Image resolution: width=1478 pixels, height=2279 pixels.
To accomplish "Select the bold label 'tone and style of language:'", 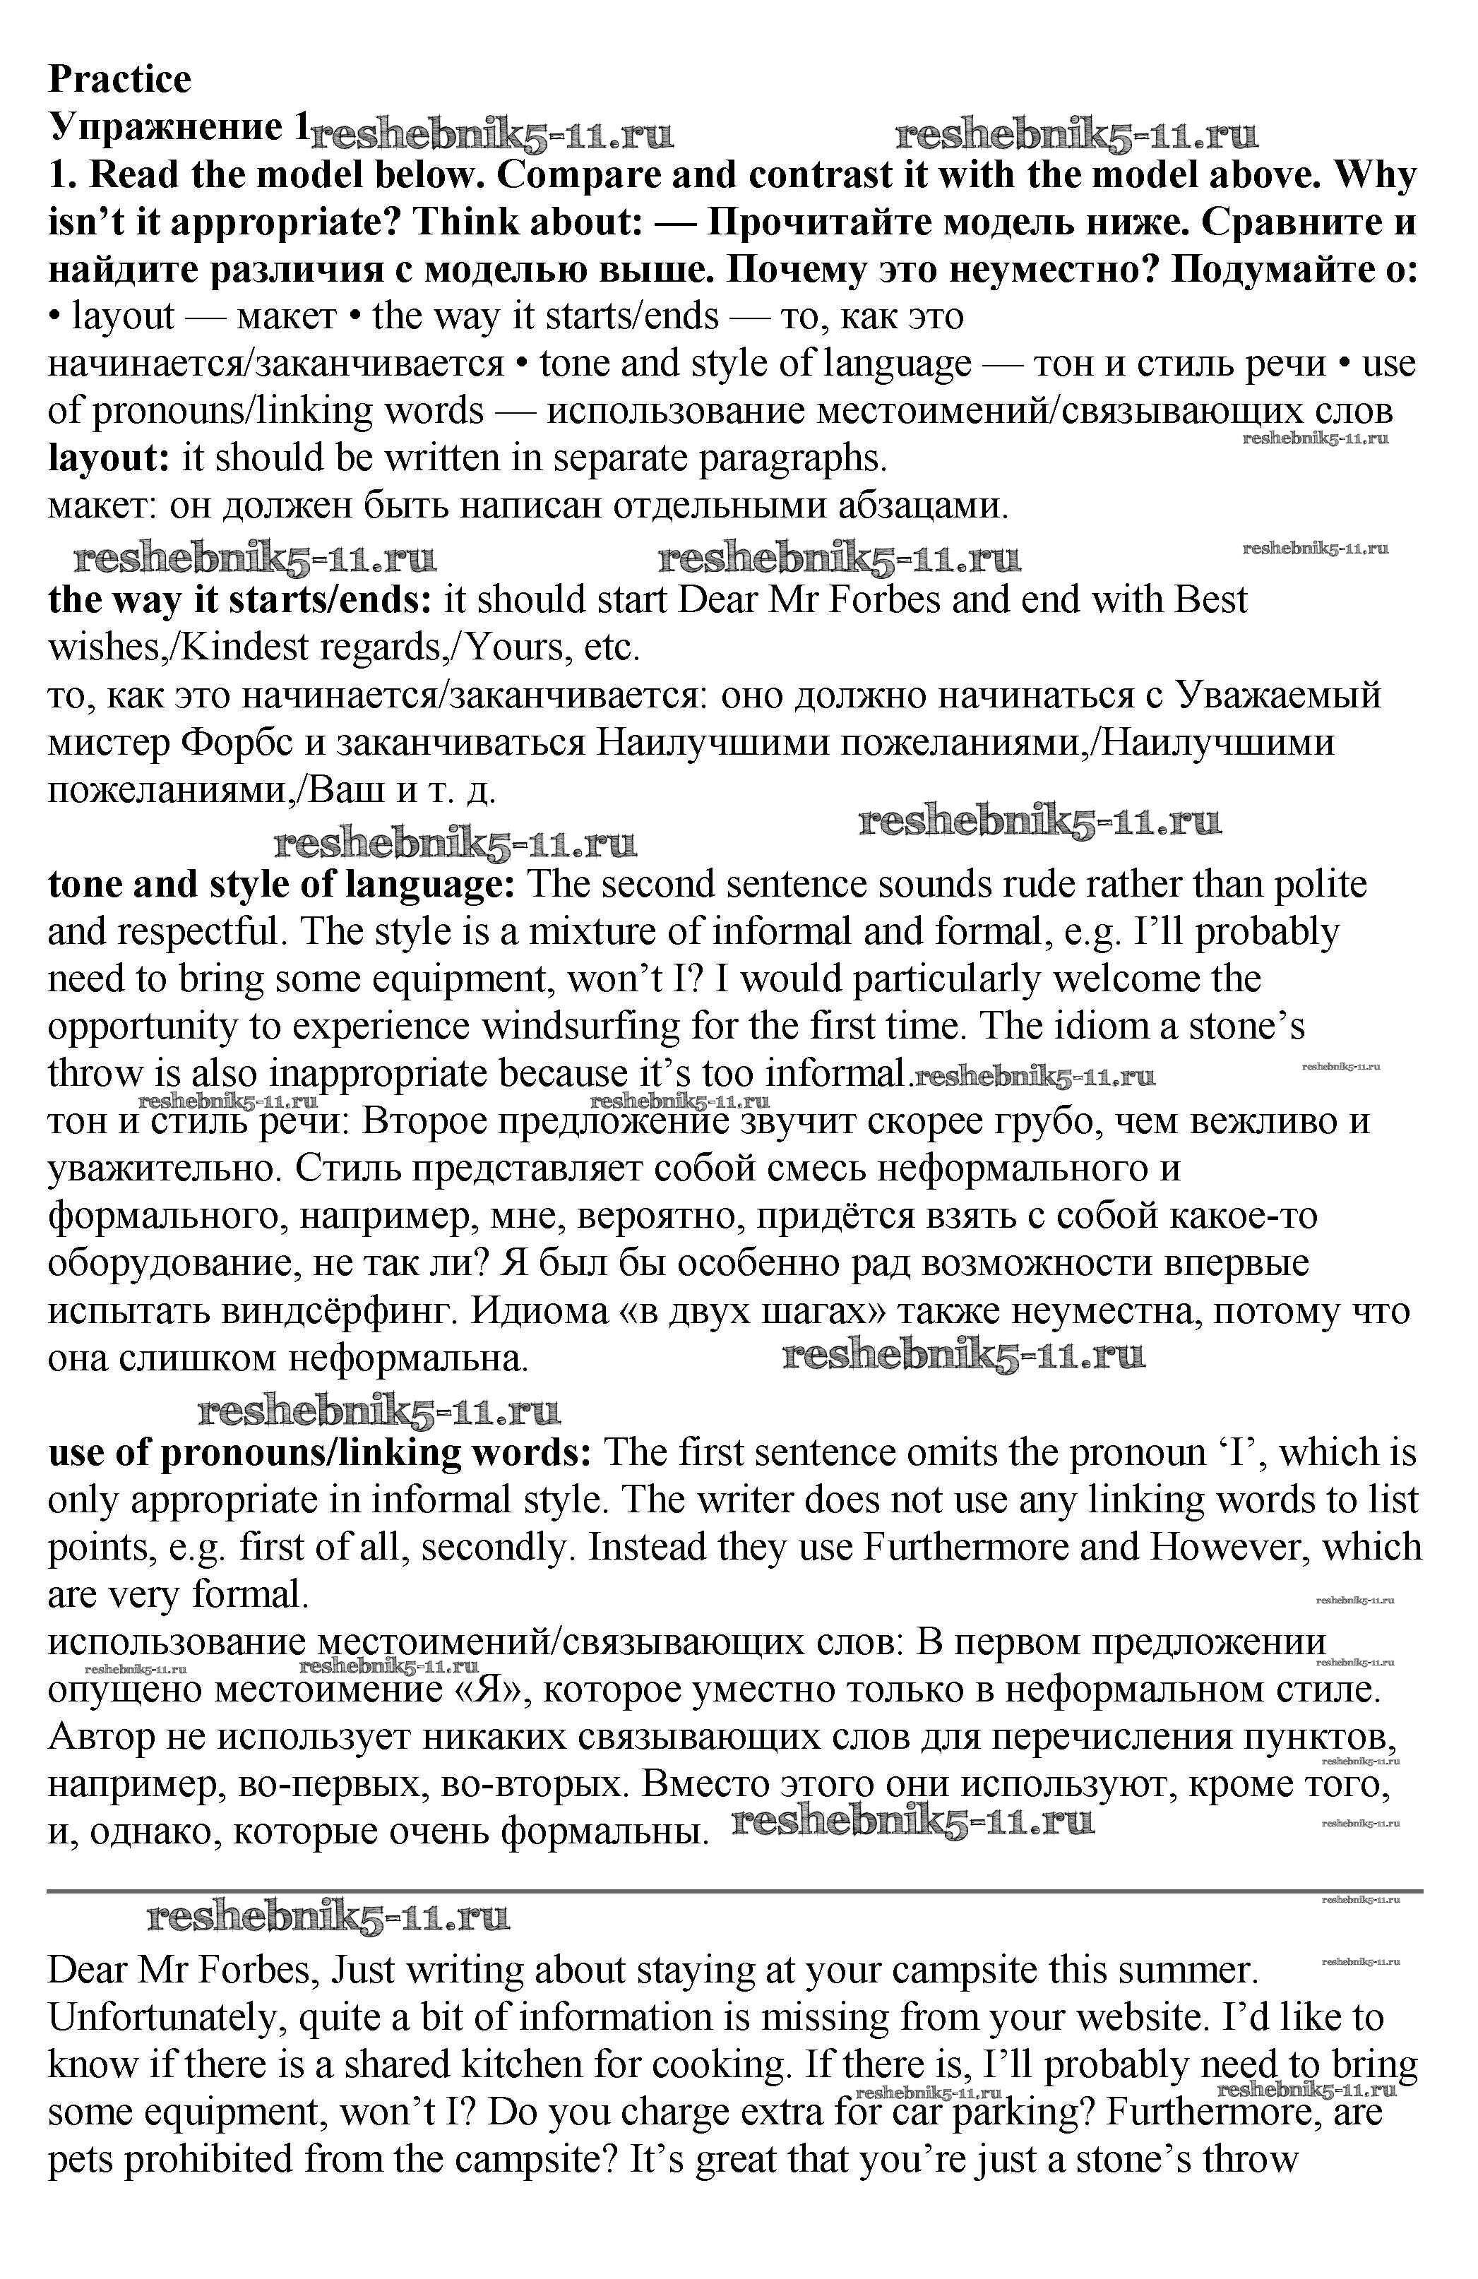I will [x=282, y=884].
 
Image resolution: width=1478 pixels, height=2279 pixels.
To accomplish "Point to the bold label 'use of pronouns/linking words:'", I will [x=320, y=1453].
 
